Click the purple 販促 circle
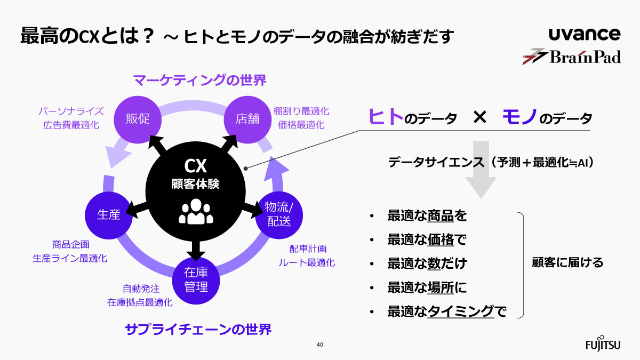tap(138, 119)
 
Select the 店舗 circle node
tap(247, 118)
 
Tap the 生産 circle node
tap(108, 214)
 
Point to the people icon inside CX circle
tap(195, 212)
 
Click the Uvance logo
tap(585, 35)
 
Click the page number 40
tap(320, 345)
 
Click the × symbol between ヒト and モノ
tap(479, 118)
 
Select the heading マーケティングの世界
tap(199, 81)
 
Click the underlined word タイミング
tap(461, 311)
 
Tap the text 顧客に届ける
tap(567, 262)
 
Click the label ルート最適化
tap(307, 262)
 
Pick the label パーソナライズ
tap(71, 111)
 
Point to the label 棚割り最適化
tap(301, 111)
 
